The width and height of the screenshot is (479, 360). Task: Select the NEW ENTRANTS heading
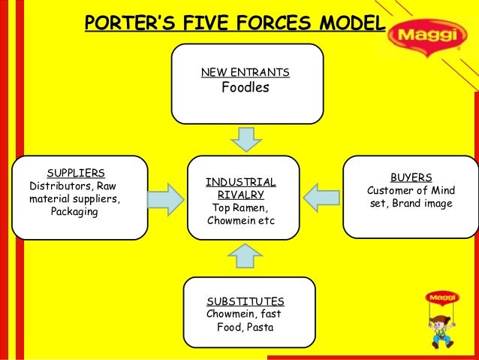coord(246,73)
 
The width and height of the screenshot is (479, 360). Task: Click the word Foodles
coord(246,89)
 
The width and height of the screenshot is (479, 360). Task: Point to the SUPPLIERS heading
coord(75,172)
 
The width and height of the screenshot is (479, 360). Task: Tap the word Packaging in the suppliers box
coord(74,212)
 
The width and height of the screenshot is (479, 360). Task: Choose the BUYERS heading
coord(411,177)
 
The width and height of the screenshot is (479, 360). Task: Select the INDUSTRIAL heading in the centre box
coord(240,182)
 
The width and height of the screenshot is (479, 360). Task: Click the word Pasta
coord(259,328)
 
